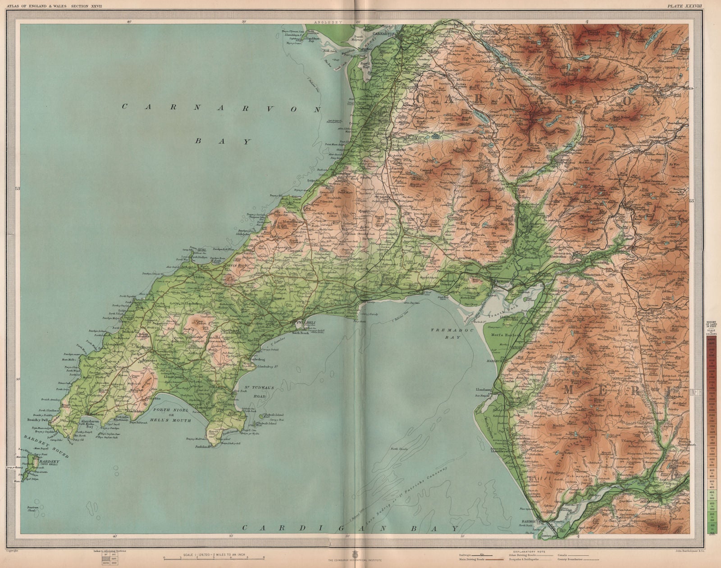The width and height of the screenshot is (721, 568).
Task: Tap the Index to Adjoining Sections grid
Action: point(108,559)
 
